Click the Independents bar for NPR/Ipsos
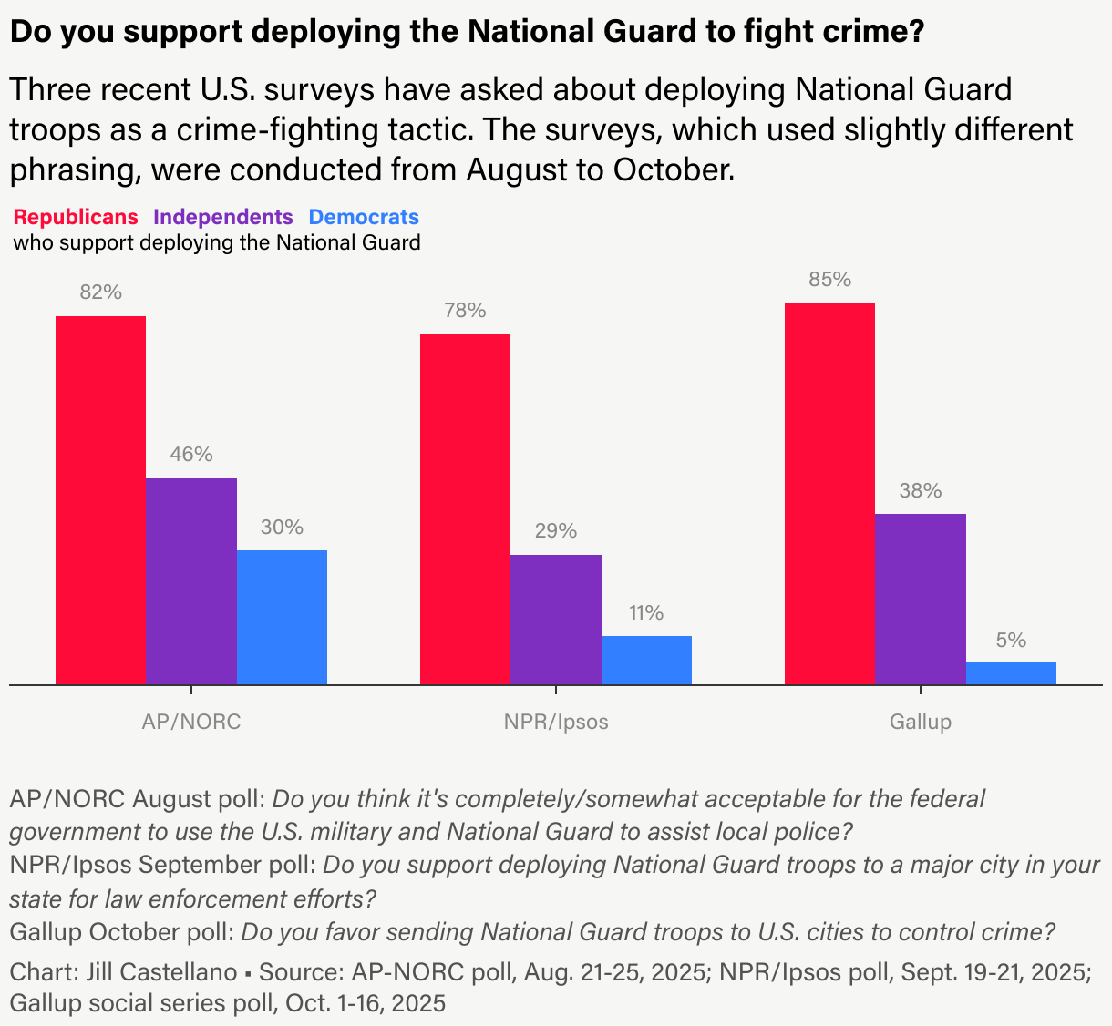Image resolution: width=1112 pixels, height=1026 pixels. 556,619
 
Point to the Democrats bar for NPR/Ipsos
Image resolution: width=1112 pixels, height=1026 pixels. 646,660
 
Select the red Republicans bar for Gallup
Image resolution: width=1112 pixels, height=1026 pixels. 829,493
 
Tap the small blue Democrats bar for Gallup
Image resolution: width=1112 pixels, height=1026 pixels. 1011,672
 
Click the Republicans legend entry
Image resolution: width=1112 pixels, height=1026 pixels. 76,217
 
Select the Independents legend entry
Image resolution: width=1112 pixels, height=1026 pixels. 223,217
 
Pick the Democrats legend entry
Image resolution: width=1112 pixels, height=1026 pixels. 364,217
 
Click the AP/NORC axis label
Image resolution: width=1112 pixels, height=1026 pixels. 191,722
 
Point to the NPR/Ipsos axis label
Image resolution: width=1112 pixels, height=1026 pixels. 556,722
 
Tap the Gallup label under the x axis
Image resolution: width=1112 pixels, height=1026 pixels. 921,722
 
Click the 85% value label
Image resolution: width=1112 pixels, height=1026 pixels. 829,280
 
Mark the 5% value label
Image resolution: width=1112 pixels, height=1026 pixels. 1011,640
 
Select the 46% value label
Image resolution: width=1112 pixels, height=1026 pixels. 191,455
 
